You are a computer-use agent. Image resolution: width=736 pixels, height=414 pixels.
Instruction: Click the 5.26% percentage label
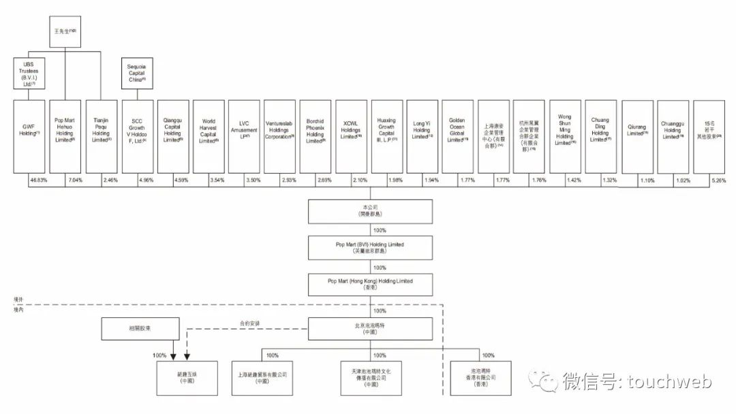tap(718, 180)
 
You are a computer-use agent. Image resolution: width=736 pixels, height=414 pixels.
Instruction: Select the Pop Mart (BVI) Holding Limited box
tap(371, 246)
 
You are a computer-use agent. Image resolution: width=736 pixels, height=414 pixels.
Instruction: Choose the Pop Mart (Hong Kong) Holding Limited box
tap(371, 284)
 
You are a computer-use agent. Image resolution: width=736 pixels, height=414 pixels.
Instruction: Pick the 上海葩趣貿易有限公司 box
tap(262, 377)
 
